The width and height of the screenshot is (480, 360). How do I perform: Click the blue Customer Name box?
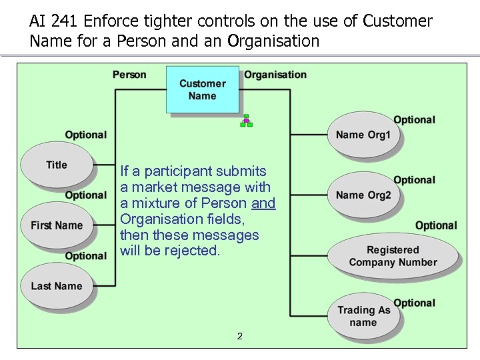point(202,89)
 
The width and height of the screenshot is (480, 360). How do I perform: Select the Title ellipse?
point(57,165)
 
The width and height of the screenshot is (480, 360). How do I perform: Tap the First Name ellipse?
point(57,225)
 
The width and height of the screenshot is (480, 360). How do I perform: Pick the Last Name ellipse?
point(57,286)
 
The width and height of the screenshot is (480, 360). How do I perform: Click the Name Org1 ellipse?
point(363,135)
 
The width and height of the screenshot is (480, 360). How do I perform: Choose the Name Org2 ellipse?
point(363,195)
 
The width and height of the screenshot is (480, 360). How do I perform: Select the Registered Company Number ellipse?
point(393,256)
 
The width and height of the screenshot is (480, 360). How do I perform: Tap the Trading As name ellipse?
point(363,316)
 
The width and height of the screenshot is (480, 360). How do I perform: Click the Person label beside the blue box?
point(129,75)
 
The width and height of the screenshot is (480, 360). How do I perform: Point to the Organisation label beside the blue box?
point(275,75)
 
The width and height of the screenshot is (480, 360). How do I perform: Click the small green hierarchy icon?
point(246,121)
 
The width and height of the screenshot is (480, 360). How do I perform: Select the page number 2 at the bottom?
point(240,336)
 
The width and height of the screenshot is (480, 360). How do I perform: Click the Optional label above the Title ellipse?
point(85,135)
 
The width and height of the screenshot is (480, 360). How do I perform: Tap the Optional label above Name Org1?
point(414,120)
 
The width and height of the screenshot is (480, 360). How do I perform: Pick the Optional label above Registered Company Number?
point(436,225)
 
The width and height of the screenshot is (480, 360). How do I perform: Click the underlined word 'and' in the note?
point(263,203)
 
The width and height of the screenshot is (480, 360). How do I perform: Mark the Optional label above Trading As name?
point(414,303)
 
